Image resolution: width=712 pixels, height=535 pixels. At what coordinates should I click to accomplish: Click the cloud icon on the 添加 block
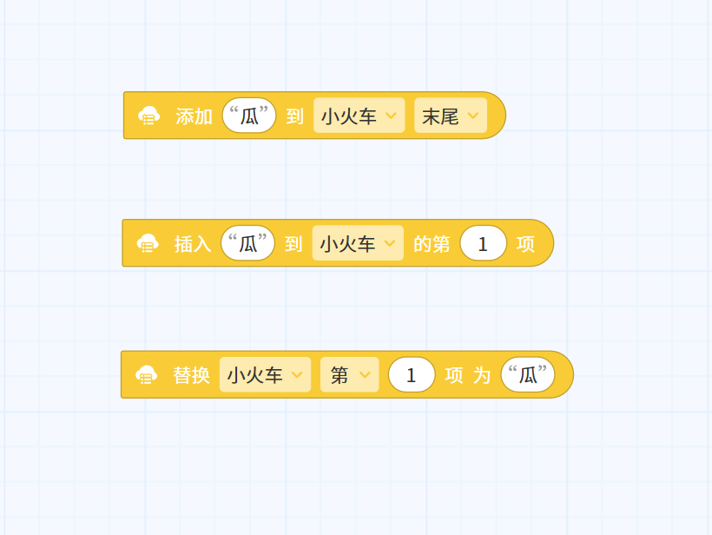click(x=149, y=116)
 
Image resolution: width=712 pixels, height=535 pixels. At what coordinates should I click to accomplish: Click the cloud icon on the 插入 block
click(x=148, y=243)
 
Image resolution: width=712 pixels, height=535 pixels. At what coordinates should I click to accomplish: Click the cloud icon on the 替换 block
click(x=146, y=375)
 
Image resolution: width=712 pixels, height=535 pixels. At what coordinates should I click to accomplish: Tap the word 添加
click(x=194, y=116)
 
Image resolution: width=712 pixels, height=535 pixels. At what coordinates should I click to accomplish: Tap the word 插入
click(x=193, y=244)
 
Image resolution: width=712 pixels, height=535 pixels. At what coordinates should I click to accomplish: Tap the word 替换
click(x=191, y=375)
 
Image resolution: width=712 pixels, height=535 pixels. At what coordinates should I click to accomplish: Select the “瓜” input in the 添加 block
click(x=249, y=116)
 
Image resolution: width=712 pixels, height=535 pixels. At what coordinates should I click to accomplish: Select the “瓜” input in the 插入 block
click(x=247, y=243)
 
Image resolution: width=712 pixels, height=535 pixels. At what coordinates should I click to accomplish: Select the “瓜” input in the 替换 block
click(x=528, y=374)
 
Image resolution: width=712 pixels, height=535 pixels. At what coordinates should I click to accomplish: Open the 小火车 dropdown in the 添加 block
click(x=359, y=116)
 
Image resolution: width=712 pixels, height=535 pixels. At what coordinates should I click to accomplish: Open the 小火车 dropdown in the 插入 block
click(x=358, y=243)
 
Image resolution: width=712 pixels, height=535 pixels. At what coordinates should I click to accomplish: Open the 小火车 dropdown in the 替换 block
click(x=265, y=374)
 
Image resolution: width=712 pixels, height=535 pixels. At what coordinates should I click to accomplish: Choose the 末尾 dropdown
click(x=451, y=116)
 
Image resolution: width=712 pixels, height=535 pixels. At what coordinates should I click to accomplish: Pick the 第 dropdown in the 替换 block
click(x=350, y=374)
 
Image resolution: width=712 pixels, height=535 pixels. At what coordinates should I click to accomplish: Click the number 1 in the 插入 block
click(x=483, y=243)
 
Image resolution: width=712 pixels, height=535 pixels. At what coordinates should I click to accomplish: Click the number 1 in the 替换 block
click(x=412, y=374)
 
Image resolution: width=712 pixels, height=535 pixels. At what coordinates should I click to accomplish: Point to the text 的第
click(x=432, y=244)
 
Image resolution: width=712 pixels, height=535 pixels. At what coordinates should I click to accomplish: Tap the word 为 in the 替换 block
click(x=482, y=375)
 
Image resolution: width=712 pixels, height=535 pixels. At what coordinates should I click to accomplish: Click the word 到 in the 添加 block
click(x=294, y=116)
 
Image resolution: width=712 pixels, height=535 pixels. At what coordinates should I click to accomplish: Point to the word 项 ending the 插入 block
click(x=525, y=244)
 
